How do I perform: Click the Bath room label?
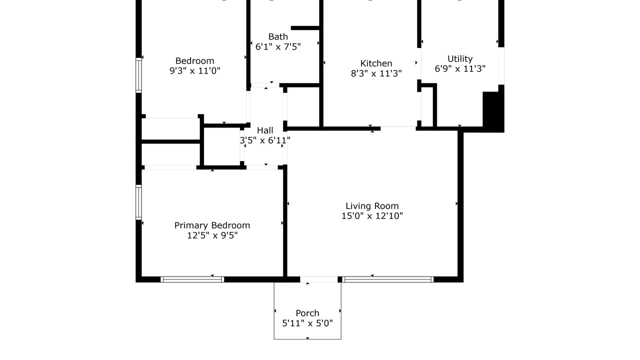278,37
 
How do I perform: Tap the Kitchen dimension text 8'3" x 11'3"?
376,73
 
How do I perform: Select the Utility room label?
460,59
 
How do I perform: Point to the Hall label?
265,130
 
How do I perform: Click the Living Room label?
372,206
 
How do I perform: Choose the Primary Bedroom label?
212,225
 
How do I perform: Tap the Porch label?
307,313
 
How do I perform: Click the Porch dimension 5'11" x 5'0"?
307,323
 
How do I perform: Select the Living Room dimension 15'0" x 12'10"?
372,216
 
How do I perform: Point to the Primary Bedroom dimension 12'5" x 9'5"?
212,235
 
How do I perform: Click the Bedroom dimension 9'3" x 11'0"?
195,70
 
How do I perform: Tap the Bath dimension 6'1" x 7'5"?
278,46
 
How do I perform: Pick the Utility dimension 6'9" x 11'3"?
460,69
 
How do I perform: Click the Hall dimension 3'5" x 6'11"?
265,140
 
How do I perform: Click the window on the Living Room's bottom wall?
387,279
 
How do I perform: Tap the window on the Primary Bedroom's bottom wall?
192,279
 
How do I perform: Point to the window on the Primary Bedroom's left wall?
138,202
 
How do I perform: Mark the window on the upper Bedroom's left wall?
138,75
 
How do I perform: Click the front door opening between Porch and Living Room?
319,279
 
